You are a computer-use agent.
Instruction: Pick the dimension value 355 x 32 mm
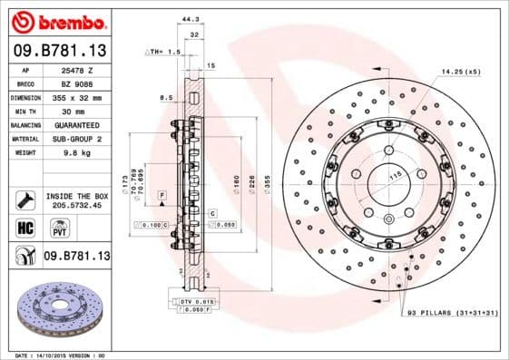click(x=79, y=96)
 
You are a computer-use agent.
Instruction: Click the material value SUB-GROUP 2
click(x=79, y=139)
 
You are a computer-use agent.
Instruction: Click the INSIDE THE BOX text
click(x=77, y=195)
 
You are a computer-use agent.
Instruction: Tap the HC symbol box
click(x=25, y=228)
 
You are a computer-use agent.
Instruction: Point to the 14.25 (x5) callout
click(x=461, y=70)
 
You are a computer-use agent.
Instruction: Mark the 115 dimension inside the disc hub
click(x=395, y=174)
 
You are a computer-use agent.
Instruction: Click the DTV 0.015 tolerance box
click(x=196, y=300)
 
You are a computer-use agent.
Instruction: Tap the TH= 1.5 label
click(x=164, y=53)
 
